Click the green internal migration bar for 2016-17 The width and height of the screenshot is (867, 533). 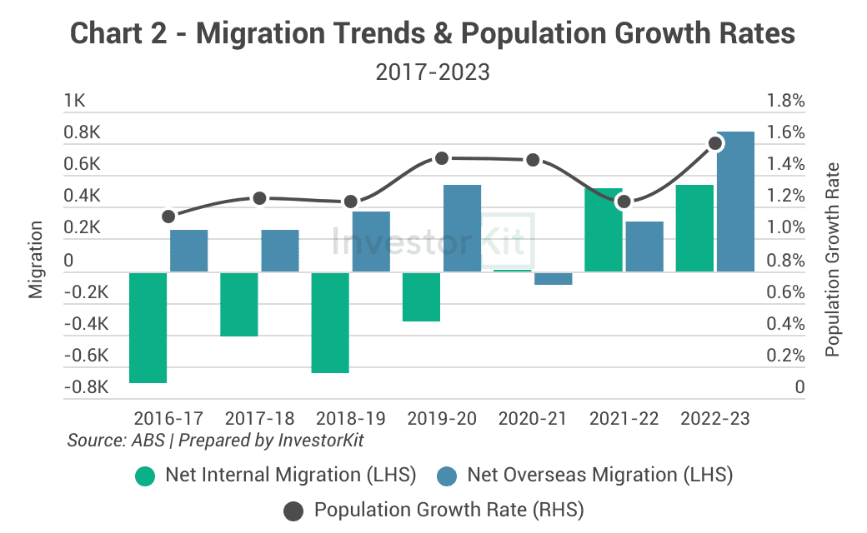[148, 326]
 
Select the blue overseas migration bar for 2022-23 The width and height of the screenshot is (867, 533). [735, 201]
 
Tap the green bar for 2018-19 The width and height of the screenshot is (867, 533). [330, 321]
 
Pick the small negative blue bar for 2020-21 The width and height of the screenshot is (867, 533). [554, 278]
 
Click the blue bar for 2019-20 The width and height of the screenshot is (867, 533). [462, 227]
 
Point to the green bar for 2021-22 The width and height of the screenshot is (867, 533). [604, 229]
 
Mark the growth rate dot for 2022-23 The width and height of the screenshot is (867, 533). [715, 143]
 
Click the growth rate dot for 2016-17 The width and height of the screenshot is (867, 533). [168, 216]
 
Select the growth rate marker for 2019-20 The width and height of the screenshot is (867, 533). [443, 158]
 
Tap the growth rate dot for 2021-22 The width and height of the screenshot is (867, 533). [624, 201]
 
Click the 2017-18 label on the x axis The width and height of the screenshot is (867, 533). [260, 418]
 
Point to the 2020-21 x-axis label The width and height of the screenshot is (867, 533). [534, 418]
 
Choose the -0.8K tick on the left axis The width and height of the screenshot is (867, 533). [87, 387]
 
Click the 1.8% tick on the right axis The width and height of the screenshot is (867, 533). [785, 102]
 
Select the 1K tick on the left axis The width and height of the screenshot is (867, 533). [75, 102]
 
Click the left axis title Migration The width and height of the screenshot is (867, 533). [36, 259]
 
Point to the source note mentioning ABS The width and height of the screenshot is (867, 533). [215, 440]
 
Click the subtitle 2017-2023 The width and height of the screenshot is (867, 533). [433, 72]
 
